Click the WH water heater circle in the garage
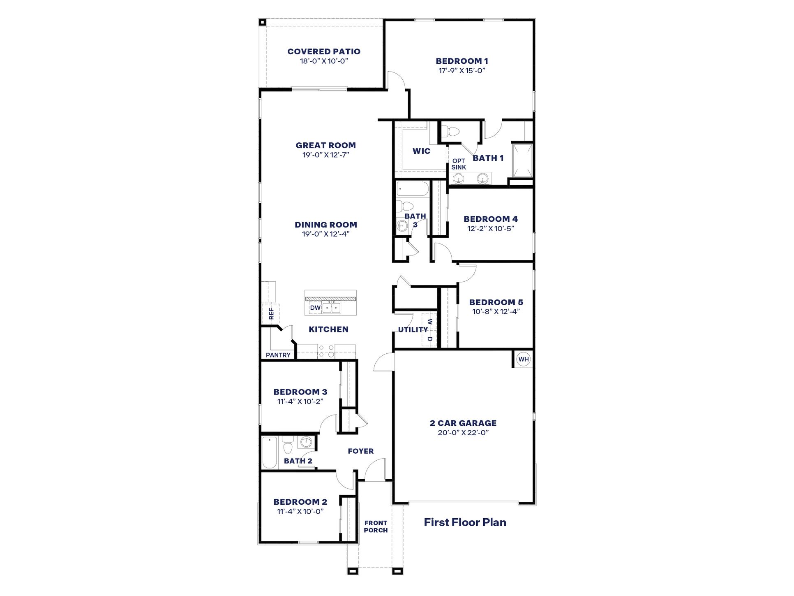[523, 359]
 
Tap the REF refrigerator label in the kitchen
[271, 313]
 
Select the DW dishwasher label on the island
[315, 308]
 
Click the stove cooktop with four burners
[326, 351]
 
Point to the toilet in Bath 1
[452, 132]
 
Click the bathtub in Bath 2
[270, 453]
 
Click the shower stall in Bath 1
[522, 160]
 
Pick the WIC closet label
[421, 151]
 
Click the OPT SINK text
[459, 164]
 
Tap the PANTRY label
[278, 355]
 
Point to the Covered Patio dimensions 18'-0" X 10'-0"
[324, 61]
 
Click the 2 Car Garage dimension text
[463, 433]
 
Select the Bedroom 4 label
[491, 219]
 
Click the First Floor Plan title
[465, 522]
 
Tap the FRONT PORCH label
[376, 526]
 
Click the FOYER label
[360, 451]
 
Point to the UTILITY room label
[413, 329]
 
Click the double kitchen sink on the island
[331, 307]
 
